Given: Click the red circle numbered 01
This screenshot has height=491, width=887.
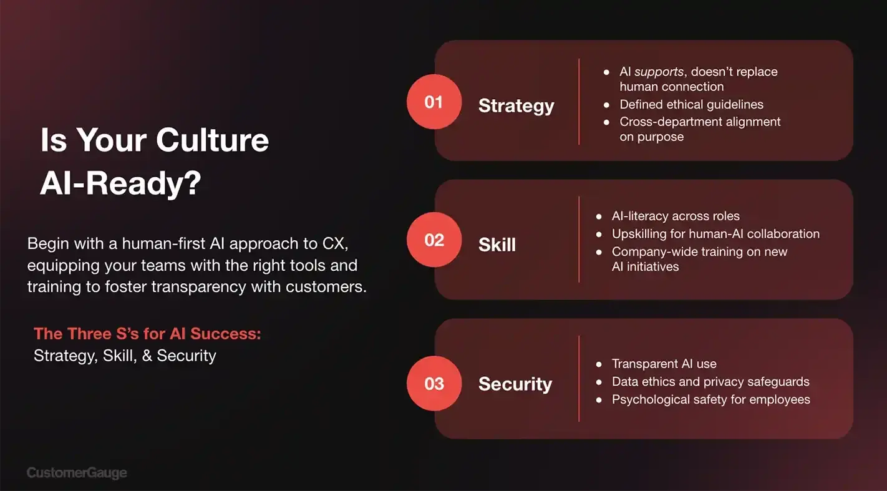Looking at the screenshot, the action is (x=434, y=102).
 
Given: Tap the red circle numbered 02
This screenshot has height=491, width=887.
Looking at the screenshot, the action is (x=434, y=240).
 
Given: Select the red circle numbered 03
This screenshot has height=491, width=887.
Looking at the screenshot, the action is (x=434, y=383).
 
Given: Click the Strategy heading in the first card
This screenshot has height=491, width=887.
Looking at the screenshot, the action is (x=516, y=106).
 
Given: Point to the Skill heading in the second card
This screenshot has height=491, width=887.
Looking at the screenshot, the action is (x=497, y=245).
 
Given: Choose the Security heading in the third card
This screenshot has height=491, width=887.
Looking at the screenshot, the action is (x=515, y=384).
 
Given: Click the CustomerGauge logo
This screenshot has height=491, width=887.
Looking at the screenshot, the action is (x=77, y=473).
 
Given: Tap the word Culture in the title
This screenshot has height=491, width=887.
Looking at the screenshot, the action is (x=212, y=140).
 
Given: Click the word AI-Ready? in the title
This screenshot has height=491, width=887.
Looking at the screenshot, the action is (x=120, y=183).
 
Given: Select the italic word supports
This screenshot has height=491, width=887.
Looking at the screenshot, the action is (x=659, y=72).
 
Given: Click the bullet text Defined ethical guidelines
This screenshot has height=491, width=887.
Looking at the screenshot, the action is (x=691, y=104).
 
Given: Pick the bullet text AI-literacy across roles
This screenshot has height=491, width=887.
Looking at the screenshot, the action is (x=676, y=216).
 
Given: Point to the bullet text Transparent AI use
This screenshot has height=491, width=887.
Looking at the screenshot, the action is (x=664, y=364).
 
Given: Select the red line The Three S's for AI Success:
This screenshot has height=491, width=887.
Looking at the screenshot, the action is (x=147, y=334).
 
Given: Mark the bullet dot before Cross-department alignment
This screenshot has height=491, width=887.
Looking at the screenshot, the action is (x=606, y=122).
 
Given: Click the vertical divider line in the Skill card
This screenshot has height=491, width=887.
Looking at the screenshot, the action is (x=579, y=240).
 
